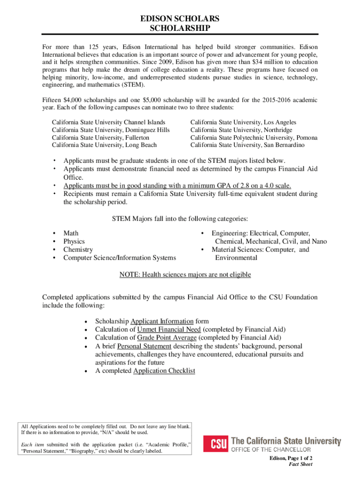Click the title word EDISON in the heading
[x=158, y=19]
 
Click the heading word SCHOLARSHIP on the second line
[x=180, y=29]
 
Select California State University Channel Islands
[x=108, y=123]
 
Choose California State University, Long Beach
[x=104, y=145]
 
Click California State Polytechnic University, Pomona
[x=254, y=138]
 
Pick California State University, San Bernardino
[x=247, y=145]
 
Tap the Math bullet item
[x=71, y=233]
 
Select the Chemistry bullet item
[x=78, y=250]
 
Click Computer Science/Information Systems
[x=120, y=258]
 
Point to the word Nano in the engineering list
[x=319, y=241]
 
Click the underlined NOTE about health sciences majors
[x=185, y=275]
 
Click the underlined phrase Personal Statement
[x=144, y=346]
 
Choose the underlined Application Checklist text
[x=164, y=371]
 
